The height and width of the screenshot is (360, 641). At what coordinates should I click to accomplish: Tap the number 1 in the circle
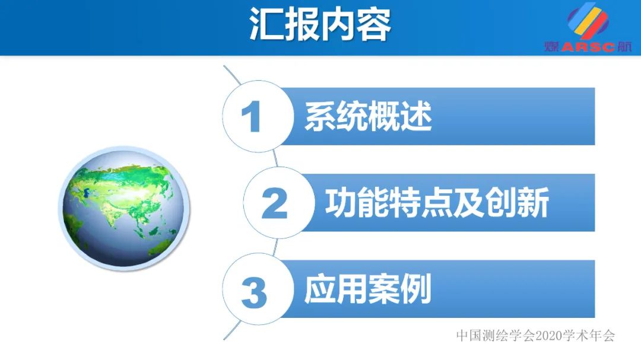[x=252, y=116]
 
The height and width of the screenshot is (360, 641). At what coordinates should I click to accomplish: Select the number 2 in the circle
[x=274, y=203]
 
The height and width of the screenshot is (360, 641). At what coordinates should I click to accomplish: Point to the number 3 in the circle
[x=253, y=291]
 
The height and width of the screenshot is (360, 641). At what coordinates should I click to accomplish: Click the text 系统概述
[x=368, y=116]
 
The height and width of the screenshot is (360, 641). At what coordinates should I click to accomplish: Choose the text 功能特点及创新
[x=436, y=203]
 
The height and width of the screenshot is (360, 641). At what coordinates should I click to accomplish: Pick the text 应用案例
[x=368, y=290]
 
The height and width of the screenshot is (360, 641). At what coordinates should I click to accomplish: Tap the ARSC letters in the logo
[x=588, y=48]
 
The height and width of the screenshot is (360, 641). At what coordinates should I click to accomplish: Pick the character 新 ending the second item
[x=532, y=203]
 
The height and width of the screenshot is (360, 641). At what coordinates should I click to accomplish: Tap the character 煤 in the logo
[x=551, y=47]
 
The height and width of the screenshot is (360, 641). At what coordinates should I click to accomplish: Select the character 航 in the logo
[x=624, y=47]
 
